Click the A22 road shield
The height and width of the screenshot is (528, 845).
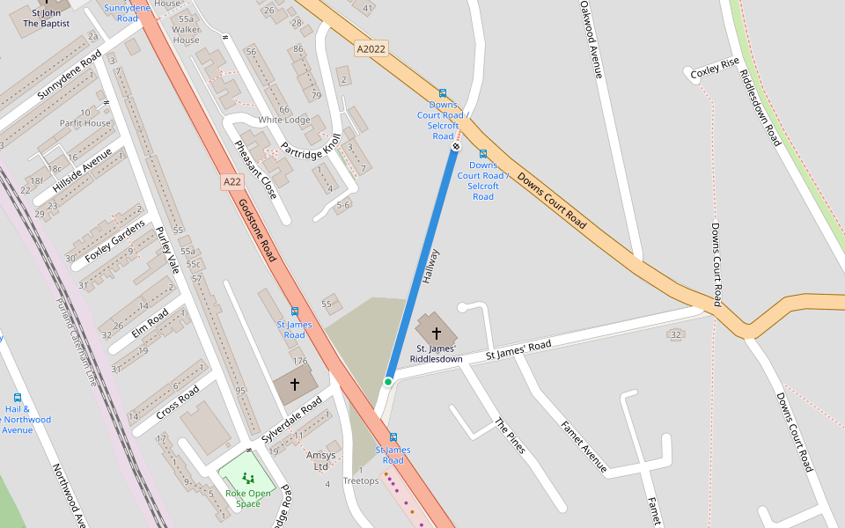pos(231,182)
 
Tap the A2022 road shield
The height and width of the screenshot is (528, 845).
pos(371,49)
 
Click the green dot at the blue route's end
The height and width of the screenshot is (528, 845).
pos(387,381)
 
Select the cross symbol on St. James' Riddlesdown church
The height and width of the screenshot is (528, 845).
pos(436,334)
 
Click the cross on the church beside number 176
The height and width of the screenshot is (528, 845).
pos(294,385)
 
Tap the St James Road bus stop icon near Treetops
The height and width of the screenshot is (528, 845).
pos(393,436)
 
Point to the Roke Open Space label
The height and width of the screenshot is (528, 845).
pos(248,498)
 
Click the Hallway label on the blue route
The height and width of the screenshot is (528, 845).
pos(430,266)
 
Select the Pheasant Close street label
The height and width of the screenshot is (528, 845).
pos(256,169)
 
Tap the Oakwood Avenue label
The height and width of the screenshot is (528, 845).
pos(591,40)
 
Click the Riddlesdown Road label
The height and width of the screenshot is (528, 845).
pos(760,107)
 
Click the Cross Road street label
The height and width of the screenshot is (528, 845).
pos(177,400)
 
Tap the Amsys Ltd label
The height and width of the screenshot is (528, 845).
pos(320,460)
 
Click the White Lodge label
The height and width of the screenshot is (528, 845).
pos(283,120)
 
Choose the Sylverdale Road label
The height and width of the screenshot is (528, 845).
pos(292,423)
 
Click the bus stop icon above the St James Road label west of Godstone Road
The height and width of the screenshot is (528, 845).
pos(294,312)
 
